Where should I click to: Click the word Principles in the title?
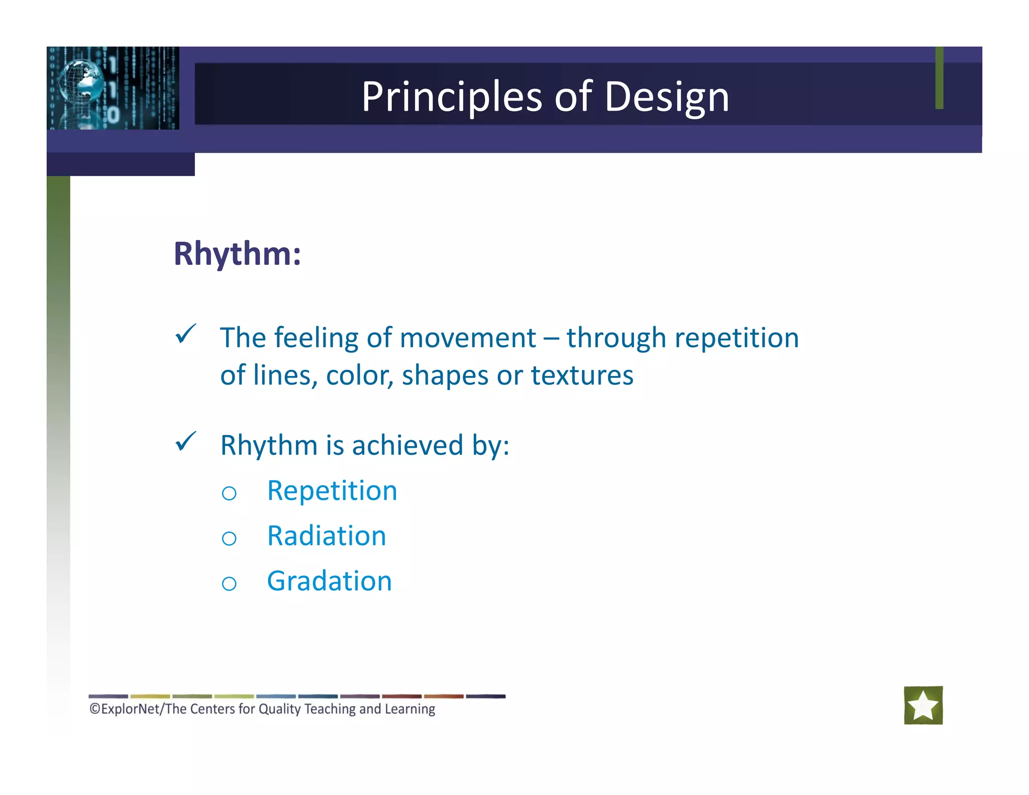click(451, 96)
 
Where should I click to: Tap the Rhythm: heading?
click(237, 253)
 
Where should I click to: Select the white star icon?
click(923, 705)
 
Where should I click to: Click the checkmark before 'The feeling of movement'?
click(185, 334)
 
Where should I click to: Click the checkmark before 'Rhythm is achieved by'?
click(185, 442)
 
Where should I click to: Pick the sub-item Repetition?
click(332, 490)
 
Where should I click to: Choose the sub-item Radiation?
click(326, 536)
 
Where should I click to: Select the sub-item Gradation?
click(329, 581)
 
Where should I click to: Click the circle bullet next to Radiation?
click(229, 539)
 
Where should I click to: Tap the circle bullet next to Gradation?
click(229, 583)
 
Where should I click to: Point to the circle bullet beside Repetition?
click(229, 493)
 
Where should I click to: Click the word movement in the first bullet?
click(468, 338)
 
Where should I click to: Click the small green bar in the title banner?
click(939, 78)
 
